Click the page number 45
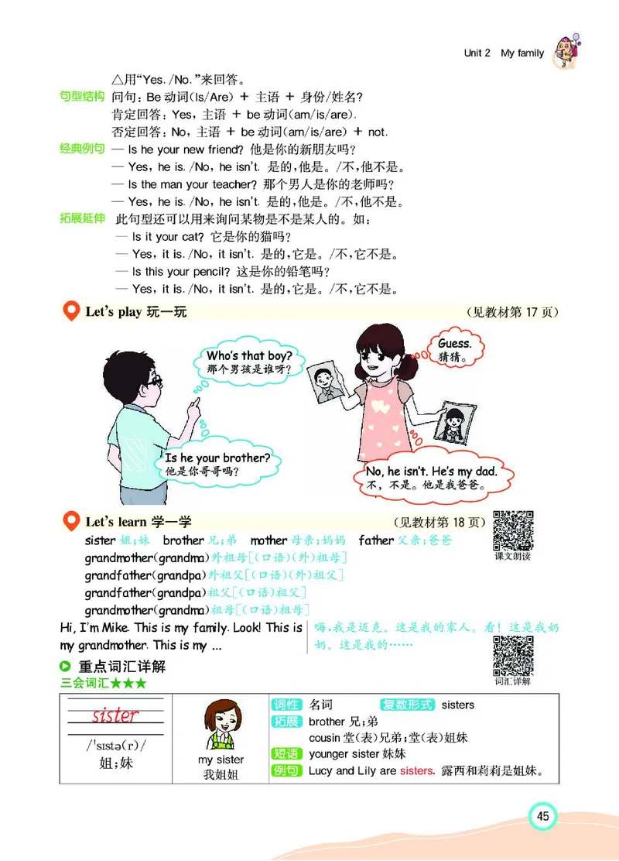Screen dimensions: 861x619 pyautogui.click(x=542, y=815)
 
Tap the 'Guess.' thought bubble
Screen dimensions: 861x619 pyautogui.click(x=454, y=348)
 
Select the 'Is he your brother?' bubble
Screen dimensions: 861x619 pyautogui.click(x=217, y=464)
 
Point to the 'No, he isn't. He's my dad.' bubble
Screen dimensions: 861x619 pyautogui.click(x=430, y=478)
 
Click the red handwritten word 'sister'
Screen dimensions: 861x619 pyautogui.click(x=115, y=715)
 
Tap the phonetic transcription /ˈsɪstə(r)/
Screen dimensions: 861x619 pyautogui.click(x=116, y=746)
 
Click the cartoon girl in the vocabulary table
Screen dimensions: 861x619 pyautogui.click(x=221, y=727)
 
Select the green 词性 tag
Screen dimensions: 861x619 pyautogui.click(x=286, y=705)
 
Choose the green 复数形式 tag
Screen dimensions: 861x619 pyautogui.click(x=407, y=705)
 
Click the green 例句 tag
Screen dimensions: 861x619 pyautogui.click(x=286, y=770)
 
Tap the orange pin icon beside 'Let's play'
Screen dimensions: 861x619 pyautogui.click(x=71, y=312)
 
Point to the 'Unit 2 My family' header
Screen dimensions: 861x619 pyautogui.click(x=504, y=53)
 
